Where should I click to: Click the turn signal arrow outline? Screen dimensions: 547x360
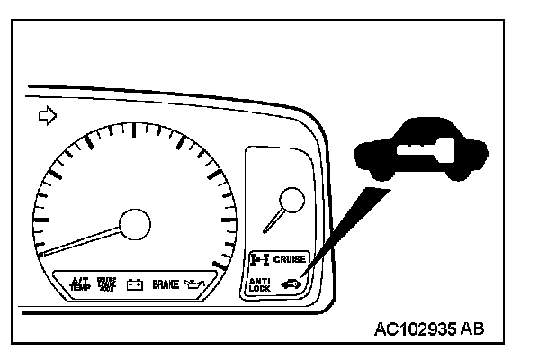pyautogui.click(x=45, y=115)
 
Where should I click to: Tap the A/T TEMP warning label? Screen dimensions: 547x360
pyautogui.click(x=80, y=283)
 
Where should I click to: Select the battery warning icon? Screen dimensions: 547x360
pyautogui.click(x=134, y=284)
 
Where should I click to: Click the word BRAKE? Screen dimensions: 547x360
pyautogui.click(x=166, y=283)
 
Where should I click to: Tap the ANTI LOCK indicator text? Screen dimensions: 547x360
pyautogui.click(x=259, y=284)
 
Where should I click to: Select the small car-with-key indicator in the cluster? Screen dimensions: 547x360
pyautogui.click(x=292, y=285)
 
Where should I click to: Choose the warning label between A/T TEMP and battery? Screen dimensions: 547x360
pyautogui.click(x=106, y=283)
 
